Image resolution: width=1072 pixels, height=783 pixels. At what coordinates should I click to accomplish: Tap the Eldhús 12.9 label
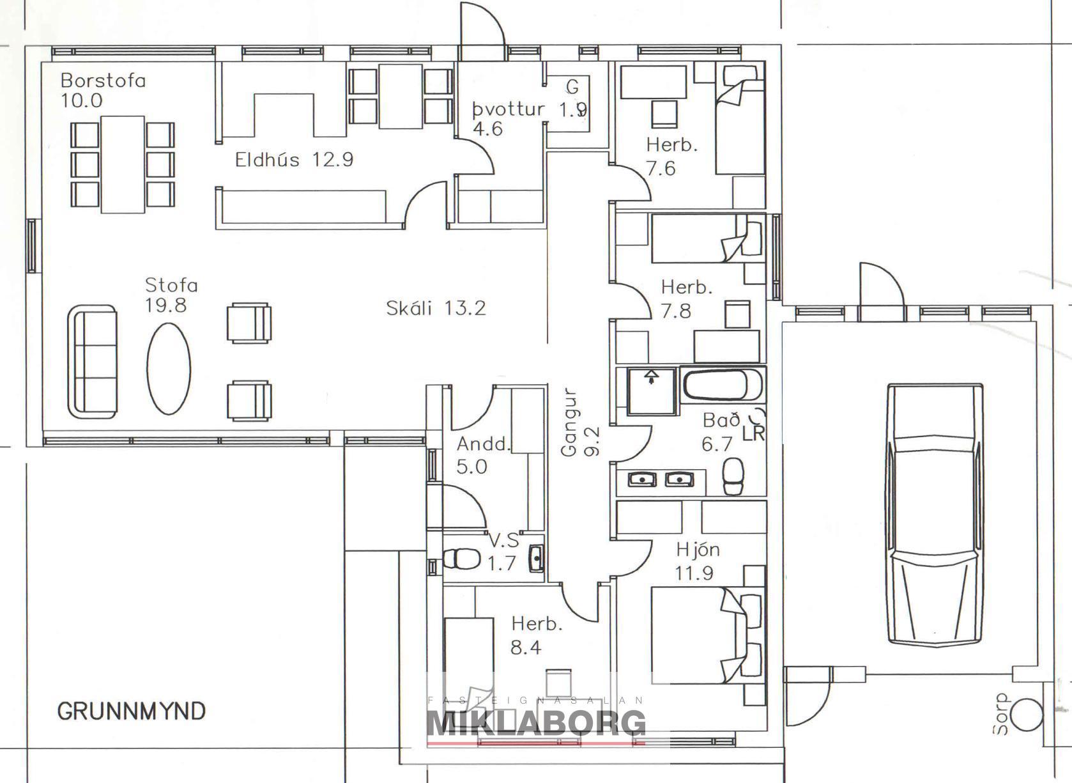coord(294,159)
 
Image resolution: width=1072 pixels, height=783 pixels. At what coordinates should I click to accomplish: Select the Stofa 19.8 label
coord(171,295)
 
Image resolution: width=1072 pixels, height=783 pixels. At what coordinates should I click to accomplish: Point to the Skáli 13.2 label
coord(436,308)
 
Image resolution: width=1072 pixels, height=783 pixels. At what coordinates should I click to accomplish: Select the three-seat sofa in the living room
coord(93,362)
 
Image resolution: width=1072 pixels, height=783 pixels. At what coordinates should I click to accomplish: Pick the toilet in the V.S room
coord(462,558)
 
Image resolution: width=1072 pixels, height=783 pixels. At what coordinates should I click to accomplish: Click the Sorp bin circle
coord(1028,714)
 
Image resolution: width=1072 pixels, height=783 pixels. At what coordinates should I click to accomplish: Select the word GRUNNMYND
coord(132,711)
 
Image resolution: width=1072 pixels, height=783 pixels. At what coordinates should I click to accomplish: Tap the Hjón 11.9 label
coord(697,561)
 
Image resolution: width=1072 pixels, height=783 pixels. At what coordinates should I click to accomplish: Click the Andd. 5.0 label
coord(482,455)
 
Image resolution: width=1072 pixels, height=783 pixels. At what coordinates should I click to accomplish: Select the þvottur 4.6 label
coord(507,119)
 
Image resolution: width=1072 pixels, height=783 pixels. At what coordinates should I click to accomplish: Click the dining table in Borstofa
coord(123,164)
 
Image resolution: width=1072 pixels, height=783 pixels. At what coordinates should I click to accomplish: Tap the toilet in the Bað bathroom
coord(733,476)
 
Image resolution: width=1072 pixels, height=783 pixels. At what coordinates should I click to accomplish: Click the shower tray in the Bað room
coord(652,391)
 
